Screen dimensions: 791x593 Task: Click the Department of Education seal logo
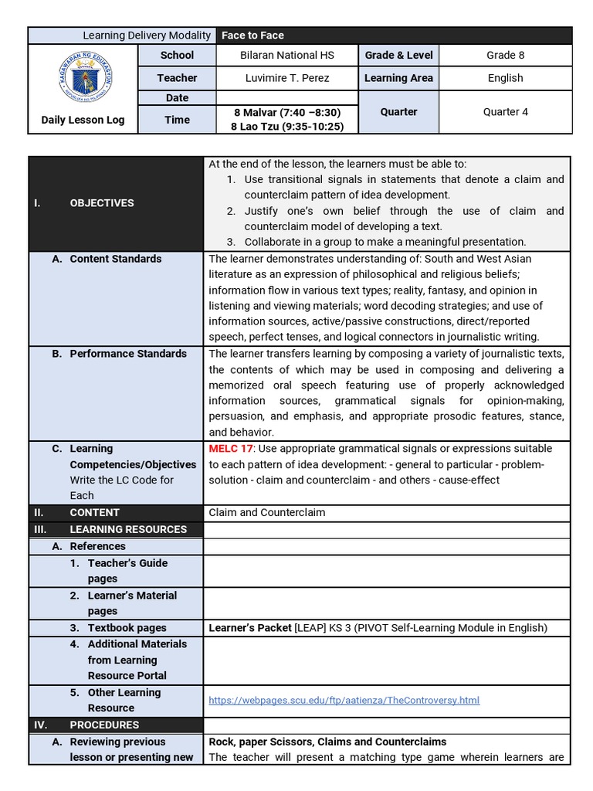pyautogui.click(x=82, y=78)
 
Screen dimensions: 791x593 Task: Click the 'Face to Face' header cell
pyautogui.click(x=252, y=36)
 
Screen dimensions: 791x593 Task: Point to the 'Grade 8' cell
pyautogui.click(x=505, y=56)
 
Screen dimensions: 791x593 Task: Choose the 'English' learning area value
pyautogui.click(x=505, y=78)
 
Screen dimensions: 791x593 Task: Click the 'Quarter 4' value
pyautogui.click(x=505, y=112)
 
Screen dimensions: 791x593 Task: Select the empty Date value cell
pyautogui.click(x=286, y=98)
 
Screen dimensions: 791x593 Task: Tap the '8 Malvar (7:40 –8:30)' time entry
pyautogui.click(x=286, y=113)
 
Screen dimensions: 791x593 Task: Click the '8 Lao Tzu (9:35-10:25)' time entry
pyautogui.click(x=286, y=127)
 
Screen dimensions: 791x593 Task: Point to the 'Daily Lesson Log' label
pyautogui.click(x=83, y=120)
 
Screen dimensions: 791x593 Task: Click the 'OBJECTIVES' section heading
pyautogui.click(x=101, y=203)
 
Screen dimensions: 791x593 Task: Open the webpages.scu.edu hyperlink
pyautogui.click(x=344, y=701)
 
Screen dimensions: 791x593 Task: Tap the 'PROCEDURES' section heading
pyautogui.click(x=104, y=725)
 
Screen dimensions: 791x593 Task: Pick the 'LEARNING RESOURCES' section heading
pyautogui.click(x=128, y=529)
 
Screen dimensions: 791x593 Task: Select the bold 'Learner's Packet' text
pyautogui.click(x=250, y=628)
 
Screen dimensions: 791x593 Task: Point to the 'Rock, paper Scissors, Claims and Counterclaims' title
pyautogui.click(x=327, y=742)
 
